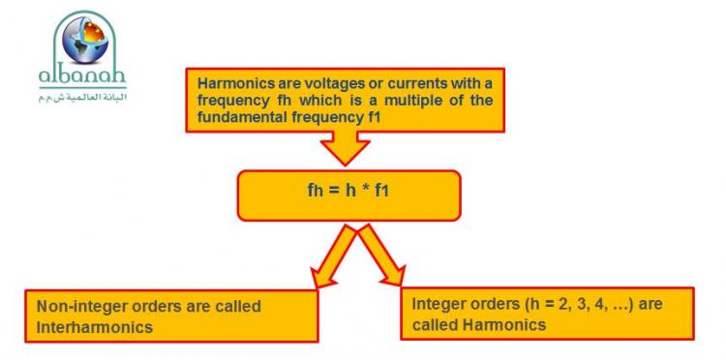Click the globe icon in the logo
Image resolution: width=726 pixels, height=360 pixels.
(85, 40)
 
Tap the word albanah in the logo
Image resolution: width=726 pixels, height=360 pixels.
(82, 75)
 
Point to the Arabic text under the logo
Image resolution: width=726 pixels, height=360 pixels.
(82, 98)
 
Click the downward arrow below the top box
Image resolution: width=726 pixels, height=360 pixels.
(345, 148)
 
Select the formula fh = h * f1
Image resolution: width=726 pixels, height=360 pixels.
(348, 191)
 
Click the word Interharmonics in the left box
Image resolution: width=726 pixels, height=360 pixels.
(95, 328)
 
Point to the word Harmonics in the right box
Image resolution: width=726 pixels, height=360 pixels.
(505, 325)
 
